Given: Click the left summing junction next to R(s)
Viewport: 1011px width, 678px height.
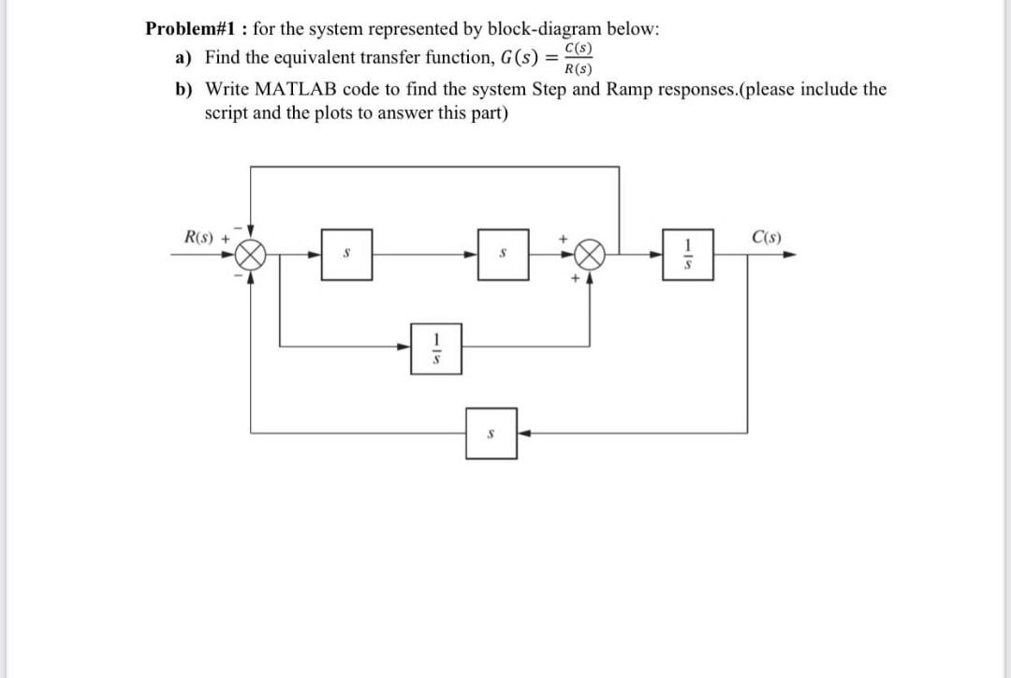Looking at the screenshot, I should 250,253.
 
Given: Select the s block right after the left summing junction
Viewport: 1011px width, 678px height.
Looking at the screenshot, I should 346,253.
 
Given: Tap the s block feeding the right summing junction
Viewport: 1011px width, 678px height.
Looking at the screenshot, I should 503,253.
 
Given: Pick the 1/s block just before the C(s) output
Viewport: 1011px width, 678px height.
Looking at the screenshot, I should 688,253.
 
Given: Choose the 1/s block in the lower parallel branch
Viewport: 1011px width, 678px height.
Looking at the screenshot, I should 434,348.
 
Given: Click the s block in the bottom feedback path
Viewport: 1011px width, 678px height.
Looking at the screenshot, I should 491,434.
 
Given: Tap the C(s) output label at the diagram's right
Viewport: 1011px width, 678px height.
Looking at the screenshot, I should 767,236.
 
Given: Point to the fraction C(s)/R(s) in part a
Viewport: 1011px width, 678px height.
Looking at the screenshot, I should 578,58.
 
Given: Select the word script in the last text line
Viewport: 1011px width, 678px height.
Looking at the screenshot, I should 226,113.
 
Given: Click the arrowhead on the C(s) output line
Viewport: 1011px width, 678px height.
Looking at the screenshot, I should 790,253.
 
